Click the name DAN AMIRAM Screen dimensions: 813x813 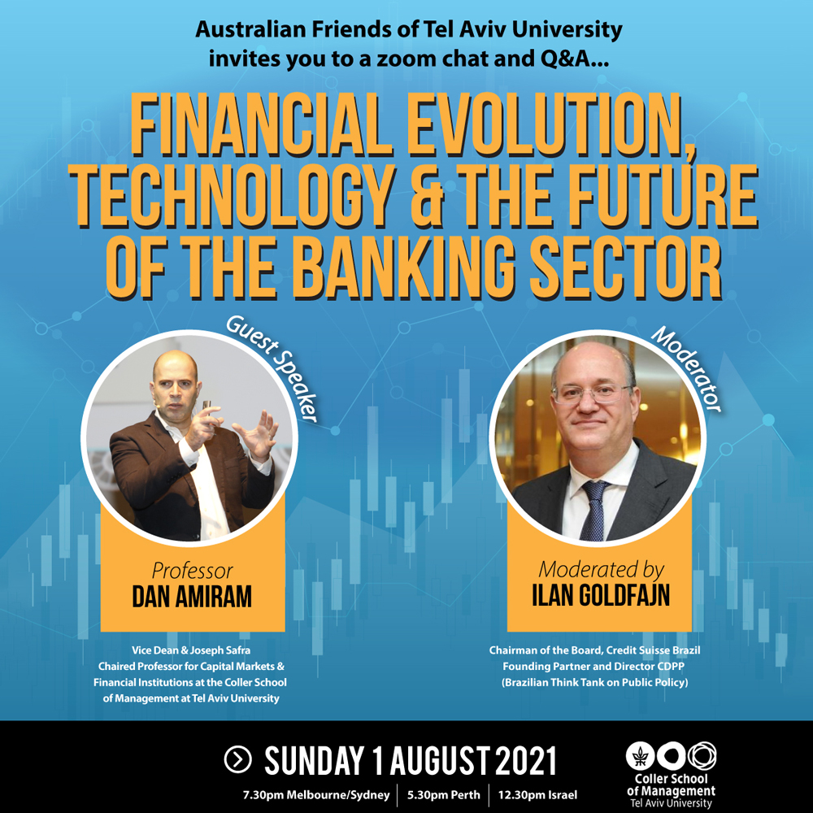(x=192, y=596)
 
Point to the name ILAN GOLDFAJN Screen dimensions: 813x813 (x=601, y=595)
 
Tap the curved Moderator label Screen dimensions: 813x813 (x=687, y=369)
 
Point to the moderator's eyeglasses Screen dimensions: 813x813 (x=593, y=393)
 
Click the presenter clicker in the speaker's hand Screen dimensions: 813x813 (x=207, y=407)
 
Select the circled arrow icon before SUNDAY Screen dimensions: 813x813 (x=238, y=760)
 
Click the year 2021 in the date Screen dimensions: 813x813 (x=526, y=761)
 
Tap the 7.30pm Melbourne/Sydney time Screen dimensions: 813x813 (x=316, y=795)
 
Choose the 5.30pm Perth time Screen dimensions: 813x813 (x=444, y=795)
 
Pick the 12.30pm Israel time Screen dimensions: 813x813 (x=537, y=795)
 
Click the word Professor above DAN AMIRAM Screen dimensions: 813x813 (x=192, y=571)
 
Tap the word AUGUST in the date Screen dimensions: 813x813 (x=440, y=761)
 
